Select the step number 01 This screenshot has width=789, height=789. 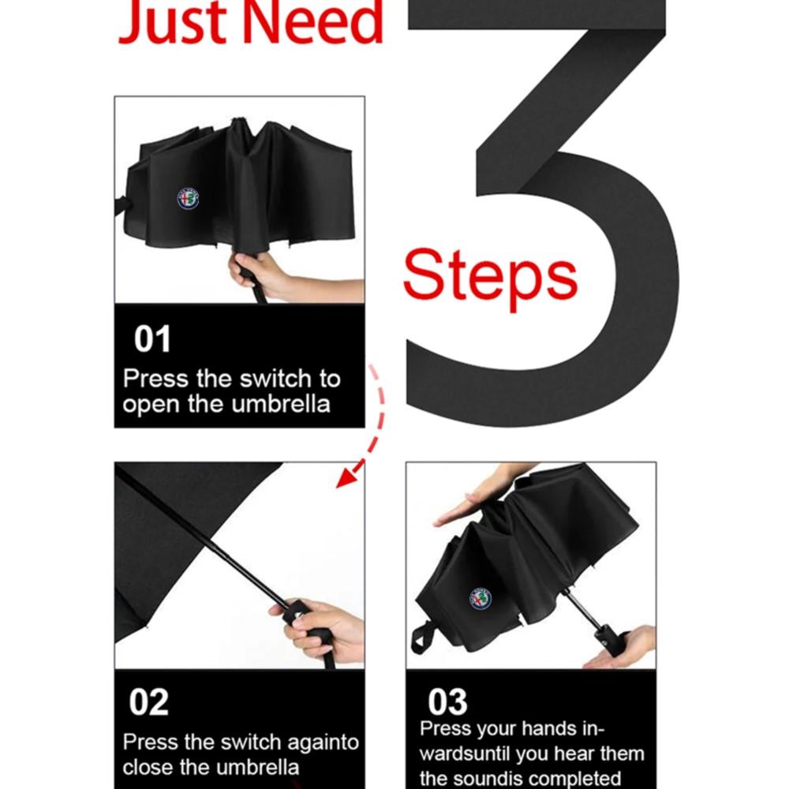click(x=152, y=338)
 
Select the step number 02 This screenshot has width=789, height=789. click(x=149, y=702)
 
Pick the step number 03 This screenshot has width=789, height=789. click(x=447, y=702)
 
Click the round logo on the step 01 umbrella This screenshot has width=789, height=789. click(x=189, y=199)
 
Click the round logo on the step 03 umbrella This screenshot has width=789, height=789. click(x=480, y=600)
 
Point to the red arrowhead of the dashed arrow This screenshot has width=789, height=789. click(x=346, y=477)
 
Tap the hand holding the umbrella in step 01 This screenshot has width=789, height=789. click(x=262, y=275)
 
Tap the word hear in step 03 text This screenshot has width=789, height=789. click(x=572, y=753)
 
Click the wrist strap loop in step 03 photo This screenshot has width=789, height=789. click(x=421, y=638)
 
